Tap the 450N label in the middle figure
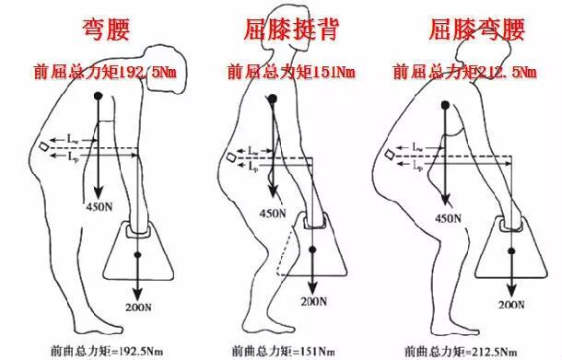point(273,213)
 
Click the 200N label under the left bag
point(140,306)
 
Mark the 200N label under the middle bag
point(315,300)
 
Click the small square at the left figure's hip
point(44,146)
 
